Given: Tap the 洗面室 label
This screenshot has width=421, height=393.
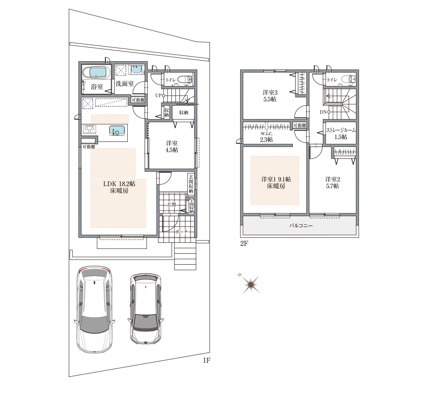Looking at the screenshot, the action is pos(125,84).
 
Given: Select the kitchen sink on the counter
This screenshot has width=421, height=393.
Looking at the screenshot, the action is pos(117,130).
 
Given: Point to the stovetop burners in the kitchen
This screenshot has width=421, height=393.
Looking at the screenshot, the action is pos(89,129).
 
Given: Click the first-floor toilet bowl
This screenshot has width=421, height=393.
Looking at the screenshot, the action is pos(184,79).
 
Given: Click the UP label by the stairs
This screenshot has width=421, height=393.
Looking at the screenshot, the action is pos(158,95).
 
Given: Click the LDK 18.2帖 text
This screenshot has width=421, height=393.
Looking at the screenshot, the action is pos(119,184).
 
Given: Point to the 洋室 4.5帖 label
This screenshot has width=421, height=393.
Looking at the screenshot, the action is pos(172,147).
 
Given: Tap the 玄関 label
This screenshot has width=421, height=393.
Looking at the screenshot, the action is pos(171,205).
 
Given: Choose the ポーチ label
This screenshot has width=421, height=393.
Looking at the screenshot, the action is pos(181,232).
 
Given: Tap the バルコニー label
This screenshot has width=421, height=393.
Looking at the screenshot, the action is pos(301,226).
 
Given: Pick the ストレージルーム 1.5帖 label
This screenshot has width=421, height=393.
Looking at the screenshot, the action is pos(341,134).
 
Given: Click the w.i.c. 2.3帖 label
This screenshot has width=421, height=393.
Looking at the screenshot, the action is pos(267,137).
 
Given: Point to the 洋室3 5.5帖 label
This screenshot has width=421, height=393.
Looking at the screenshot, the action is pos(270,96).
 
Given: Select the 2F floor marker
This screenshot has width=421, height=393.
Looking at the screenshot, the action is pos(244,243).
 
